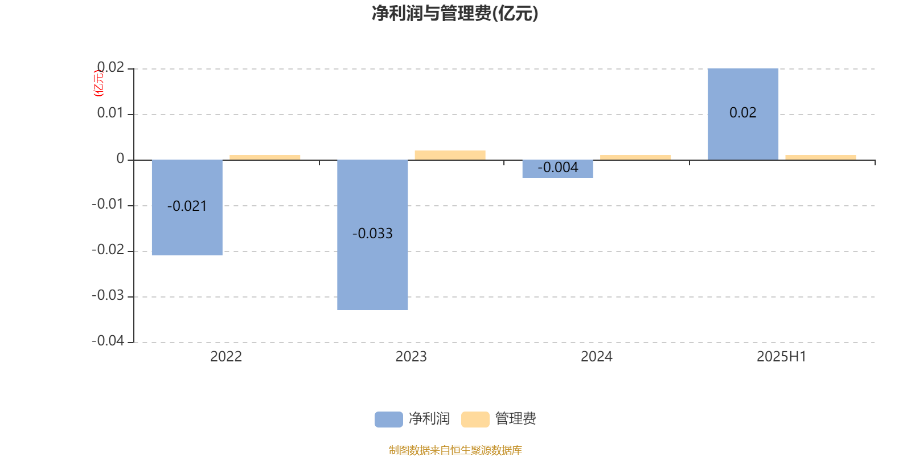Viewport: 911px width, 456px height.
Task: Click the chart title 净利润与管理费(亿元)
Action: pyautogui.click(x=455, y=14)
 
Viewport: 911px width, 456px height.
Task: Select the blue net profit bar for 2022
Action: pyautogui.click(x=187, y=207)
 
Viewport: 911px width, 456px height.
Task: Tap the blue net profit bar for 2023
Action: pyautogui.click(x=372, y=235)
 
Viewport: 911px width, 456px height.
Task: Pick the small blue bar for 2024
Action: pyautogui.click(x=557, y=169)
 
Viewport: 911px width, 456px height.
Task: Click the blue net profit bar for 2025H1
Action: pyautogui.click(x=743, y=114)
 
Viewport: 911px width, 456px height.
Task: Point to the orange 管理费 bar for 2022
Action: pyautogui.click(x=265, y=157)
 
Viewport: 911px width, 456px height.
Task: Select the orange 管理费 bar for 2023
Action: pyautogui.click(x=450, y=155)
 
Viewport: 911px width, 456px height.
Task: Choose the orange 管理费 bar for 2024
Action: pyautogui.click(x=635, y=157)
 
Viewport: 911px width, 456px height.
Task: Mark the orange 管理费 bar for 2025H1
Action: pyautogui.click(x=820, y=157)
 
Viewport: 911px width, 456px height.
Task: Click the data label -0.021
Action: pyautogui.click(x=187, y=206)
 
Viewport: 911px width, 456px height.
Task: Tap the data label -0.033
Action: pyautogui.click(x=372, y=233)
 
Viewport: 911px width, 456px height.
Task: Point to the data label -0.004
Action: pyautogui.click(x=558, y=168)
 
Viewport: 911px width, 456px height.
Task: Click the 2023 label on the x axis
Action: pyautogui.click(x=411, y=357)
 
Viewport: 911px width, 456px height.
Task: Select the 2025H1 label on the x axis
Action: pyautogui.click(x=782, y=357)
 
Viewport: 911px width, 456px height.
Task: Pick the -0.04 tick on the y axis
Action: pyautogui.click(x=108, y=341)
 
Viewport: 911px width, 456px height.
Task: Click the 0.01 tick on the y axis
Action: pyautogui.click(x=110, y=113)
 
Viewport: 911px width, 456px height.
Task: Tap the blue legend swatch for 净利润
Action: pyautogui.click(x=389, y=420)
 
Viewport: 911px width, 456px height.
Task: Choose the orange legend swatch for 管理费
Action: pyautogui.click(x=475, y=420)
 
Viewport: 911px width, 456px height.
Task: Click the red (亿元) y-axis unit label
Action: pyautogui.click(x=99, y=83)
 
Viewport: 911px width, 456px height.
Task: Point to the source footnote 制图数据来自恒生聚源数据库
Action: pyautogui.click(x=455, y=450)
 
